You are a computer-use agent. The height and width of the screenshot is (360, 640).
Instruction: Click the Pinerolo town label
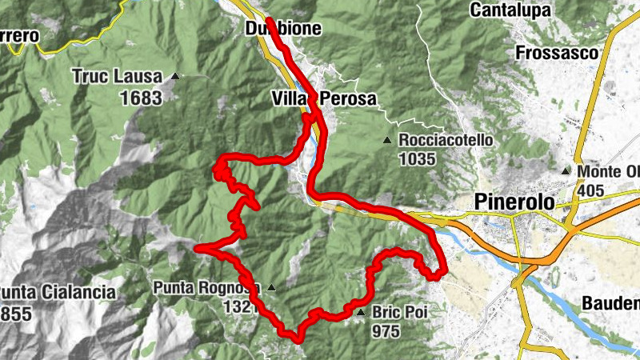514,202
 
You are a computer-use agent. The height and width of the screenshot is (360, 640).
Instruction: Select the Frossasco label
557,53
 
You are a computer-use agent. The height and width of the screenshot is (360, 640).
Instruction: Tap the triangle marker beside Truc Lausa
174,77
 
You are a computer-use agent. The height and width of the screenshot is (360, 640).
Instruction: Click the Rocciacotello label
446,140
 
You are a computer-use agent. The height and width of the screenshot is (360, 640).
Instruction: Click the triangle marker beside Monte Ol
566,171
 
